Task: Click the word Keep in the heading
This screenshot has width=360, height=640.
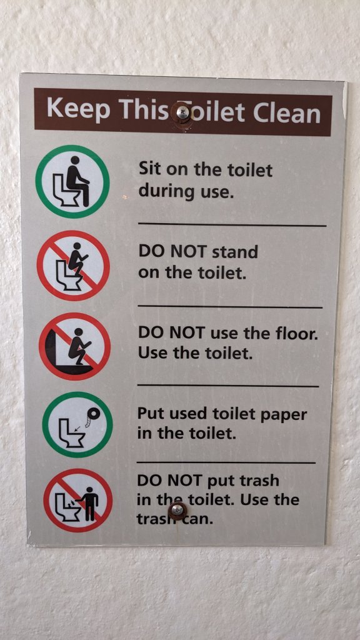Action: [78, 109]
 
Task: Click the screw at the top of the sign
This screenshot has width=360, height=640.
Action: [183, 112]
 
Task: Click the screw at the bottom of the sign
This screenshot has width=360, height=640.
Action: [177, 510]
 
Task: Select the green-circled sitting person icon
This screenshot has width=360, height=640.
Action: [72, 182]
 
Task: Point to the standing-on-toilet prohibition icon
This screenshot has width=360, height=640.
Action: [73, 266]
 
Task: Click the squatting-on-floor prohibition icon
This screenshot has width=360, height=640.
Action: [75, 346]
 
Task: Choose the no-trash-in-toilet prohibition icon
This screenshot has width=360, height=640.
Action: [78, 501]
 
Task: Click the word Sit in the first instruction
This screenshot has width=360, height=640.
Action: [150, 168]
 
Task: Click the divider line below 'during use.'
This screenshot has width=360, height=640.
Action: [232, 224]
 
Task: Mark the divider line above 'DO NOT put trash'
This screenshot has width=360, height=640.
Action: [226, 462]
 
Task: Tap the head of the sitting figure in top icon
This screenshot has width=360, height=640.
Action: [75, 161]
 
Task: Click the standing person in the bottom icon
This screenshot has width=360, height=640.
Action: [90, 503]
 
